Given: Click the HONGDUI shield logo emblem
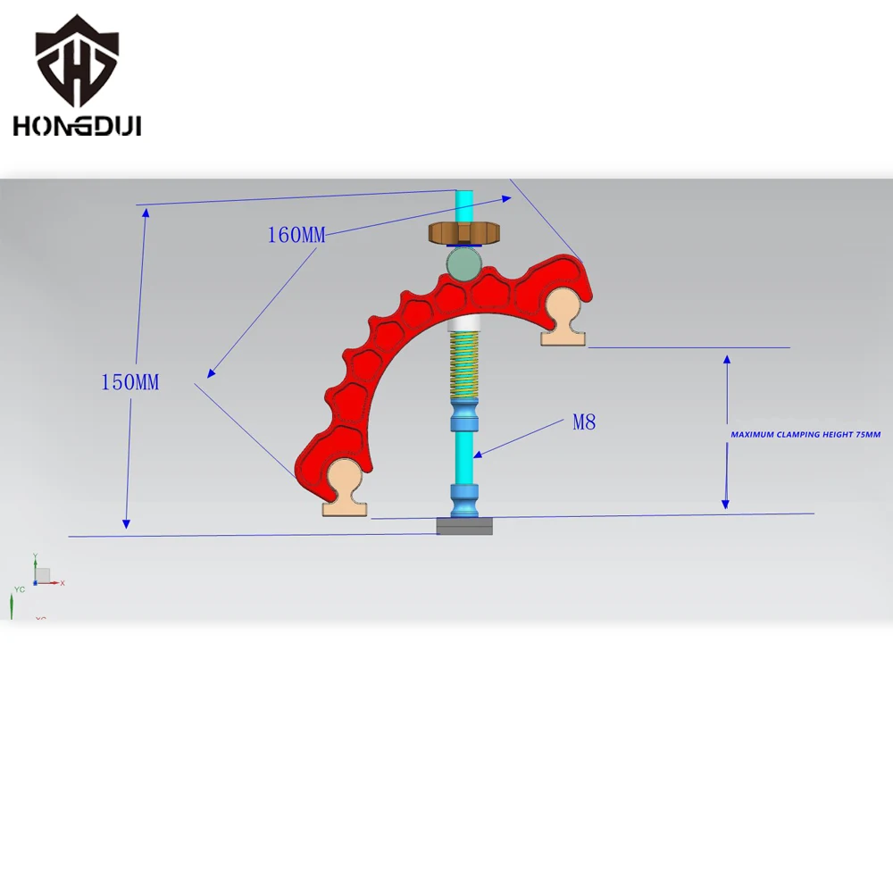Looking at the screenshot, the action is [77, 62].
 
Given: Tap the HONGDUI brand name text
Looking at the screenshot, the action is [77, 126].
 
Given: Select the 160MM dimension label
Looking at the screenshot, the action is [296, 235].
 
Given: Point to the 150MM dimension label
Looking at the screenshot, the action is [129, 382].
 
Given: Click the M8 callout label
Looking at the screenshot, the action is [584, 422].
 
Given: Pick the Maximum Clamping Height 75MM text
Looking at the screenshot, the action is [805, 435].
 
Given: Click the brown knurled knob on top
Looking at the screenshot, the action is [464, 233].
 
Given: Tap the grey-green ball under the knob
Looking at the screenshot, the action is [463, 263].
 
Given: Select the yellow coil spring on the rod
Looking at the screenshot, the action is [464, 365].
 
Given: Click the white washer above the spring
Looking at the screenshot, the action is [464, 325].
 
